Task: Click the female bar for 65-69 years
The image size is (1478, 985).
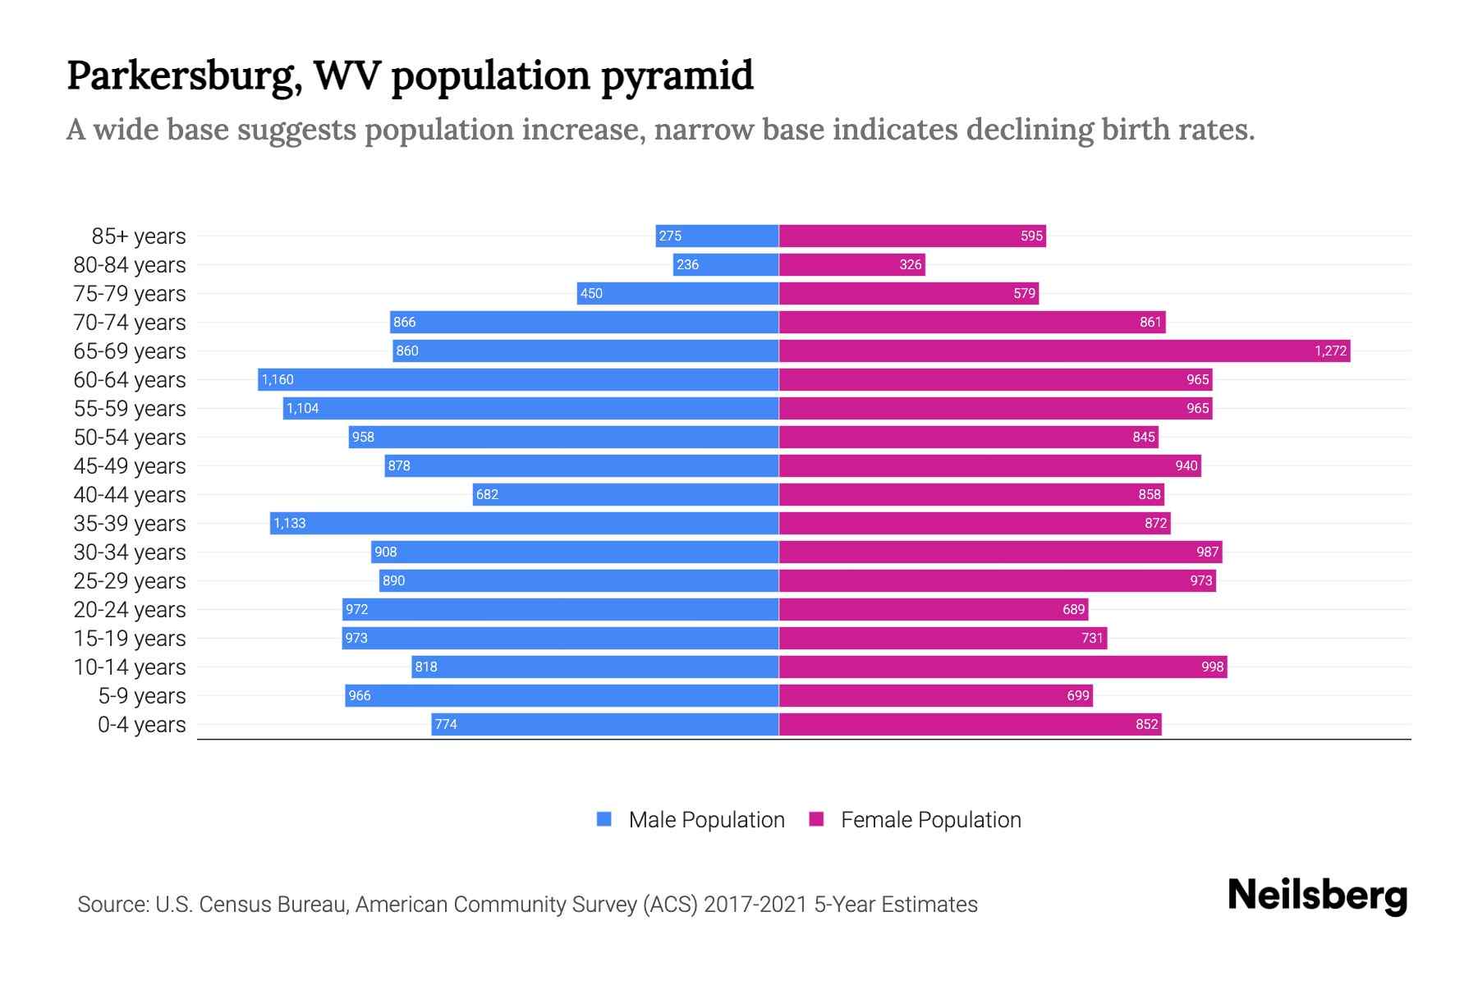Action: coord(1063,351)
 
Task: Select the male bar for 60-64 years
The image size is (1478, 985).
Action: coord(517,380)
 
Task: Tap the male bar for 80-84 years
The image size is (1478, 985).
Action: coord(726,265)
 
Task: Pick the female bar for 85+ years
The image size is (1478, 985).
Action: coord(911,236)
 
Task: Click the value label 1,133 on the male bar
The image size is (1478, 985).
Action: coord(290,524)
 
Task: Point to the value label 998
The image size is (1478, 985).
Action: coord(1212,667)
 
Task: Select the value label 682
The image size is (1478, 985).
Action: coord(487,495)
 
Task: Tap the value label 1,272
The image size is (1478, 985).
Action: coord(1330,351)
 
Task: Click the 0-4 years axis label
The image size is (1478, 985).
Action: coord(141,725)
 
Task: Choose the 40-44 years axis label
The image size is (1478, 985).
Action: coord(130,495)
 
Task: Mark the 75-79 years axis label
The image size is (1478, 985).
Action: coord(130,294)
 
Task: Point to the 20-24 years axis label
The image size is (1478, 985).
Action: coord(130,610)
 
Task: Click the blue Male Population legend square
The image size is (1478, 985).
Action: coord(604,819)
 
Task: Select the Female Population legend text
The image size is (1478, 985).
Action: coord(930,820)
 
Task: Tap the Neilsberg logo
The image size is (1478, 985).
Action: coord(1317,896)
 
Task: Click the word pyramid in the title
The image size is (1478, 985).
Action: coord(677,76)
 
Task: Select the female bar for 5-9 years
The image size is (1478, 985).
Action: coord(935,696)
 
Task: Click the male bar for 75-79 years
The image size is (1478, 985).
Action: coord(677,294)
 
